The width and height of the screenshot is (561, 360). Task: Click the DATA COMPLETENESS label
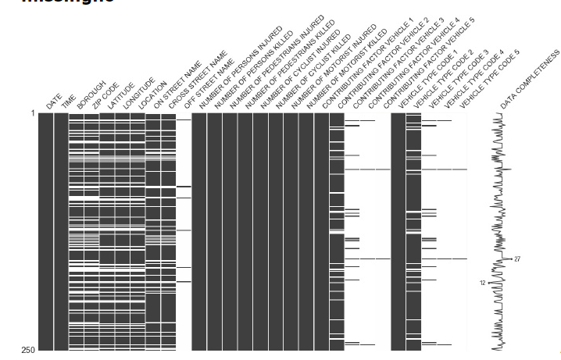(x=530, y=80)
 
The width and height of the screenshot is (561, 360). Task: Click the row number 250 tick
(x=29, y=350)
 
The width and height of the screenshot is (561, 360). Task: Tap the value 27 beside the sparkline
(x=517, y=259)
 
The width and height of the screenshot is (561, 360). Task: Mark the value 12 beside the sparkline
(x=483, y=283)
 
